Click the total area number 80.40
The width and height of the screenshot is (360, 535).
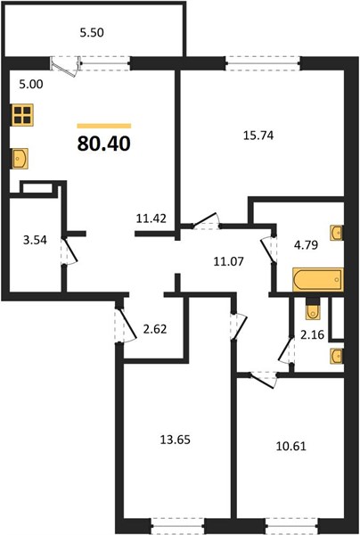104,144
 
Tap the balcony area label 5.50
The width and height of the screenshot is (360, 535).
92,33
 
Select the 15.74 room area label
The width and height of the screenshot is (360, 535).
258,136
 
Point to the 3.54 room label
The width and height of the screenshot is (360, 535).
35,240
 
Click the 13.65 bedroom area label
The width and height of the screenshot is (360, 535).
176,440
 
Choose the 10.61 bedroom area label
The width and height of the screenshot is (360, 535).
291,446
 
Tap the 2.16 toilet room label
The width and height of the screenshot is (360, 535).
312,334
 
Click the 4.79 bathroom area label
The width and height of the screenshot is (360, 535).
306,244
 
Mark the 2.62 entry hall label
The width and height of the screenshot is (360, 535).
155,329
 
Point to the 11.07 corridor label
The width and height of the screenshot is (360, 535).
228,261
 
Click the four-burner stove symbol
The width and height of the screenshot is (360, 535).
23,115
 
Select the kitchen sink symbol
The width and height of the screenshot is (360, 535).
20,159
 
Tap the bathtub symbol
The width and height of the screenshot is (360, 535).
318,279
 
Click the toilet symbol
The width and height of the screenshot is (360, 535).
313,309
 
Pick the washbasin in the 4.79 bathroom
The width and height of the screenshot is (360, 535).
337,233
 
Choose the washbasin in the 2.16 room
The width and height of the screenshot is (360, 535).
337,356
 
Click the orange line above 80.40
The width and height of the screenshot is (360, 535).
104,126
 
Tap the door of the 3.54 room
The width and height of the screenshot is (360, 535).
70,251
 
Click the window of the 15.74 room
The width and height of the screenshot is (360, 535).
263,63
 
